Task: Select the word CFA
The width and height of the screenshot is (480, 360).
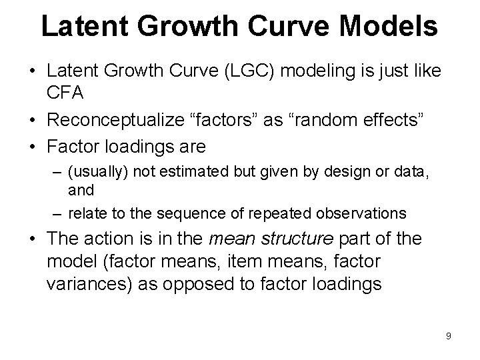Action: [x=65, y=93]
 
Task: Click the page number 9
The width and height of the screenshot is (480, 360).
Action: [x=449, y=336]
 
